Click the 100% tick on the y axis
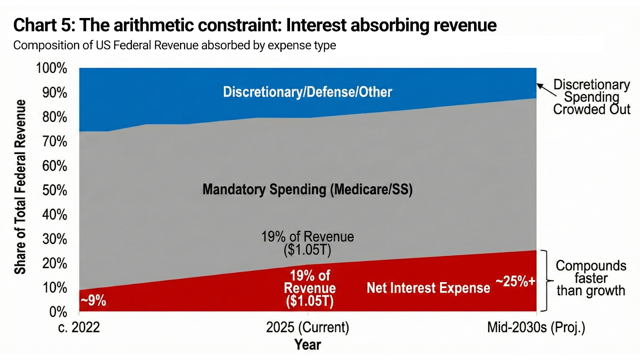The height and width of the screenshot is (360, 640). click(52, 68)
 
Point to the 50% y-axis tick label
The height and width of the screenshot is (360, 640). click(55, 190)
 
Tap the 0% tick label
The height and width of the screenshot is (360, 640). click(58, 312)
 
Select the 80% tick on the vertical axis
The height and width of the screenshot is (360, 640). click(55, 117)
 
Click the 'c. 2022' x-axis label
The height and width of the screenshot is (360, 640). click(79, 328)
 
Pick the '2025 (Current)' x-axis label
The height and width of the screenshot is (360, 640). click(308, 328)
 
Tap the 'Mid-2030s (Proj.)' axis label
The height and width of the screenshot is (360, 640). click(536, 328)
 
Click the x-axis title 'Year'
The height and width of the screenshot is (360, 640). click(308, 345)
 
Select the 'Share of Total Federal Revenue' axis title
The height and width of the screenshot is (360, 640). click(20, 187)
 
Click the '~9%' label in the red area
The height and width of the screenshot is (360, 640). click(93, 300)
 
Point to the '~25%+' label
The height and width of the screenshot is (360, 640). click(515, 282)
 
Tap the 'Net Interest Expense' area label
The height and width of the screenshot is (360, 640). click(428, 288)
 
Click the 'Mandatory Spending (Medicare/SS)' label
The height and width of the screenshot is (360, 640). click(307, 189)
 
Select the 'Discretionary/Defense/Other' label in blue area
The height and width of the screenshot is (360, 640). click(307, 92)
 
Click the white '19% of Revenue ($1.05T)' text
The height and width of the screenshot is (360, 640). click(310, 288)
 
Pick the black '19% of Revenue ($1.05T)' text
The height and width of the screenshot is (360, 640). click(307, 243)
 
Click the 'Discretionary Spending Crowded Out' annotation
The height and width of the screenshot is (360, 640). click(591, 97)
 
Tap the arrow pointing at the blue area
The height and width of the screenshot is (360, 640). click(546, 90)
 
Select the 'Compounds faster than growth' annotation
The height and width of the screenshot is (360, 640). click(591, 278)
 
